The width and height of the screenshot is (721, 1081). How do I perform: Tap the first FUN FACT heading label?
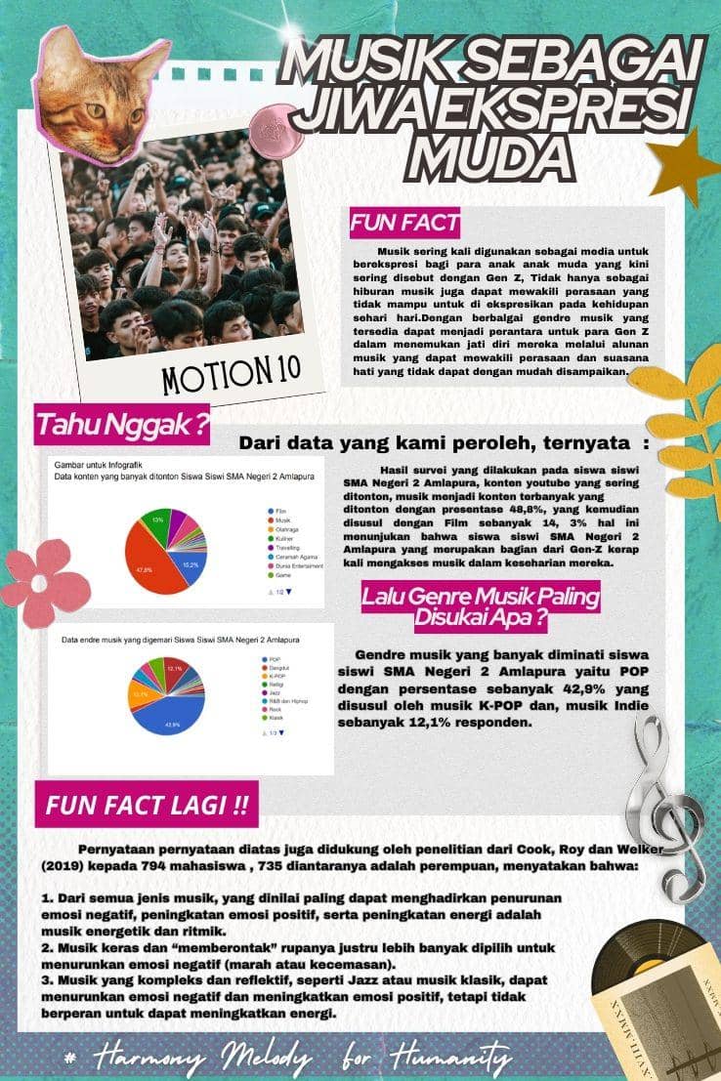tap(404, 223)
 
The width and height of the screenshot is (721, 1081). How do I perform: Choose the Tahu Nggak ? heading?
tap(123, 425)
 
